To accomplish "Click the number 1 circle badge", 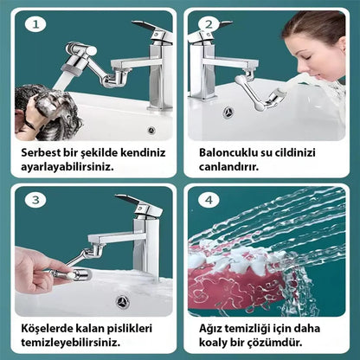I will tap(35, 23).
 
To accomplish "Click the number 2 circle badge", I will tap(208, 23).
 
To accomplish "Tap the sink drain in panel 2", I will tap(230, 112).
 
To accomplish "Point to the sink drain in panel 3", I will tap(123, 301).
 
